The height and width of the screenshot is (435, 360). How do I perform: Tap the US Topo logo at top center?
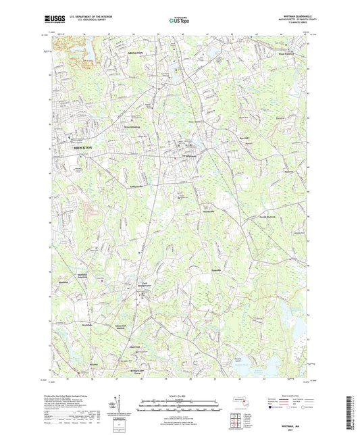(x=178, y=21)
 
